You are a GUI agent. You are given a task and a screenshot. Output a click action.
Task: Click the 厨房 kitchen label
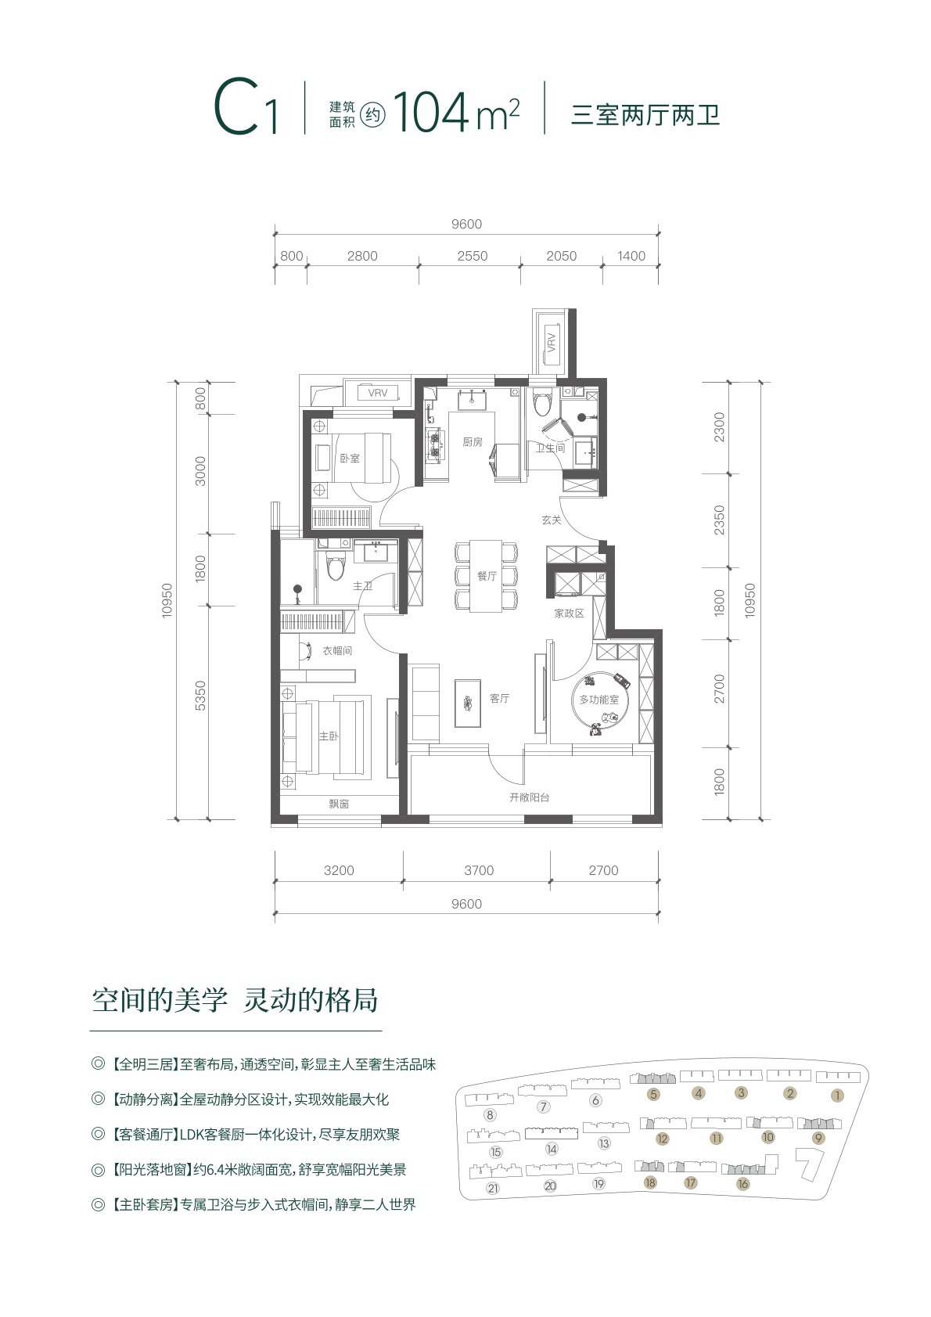tap(472, 442)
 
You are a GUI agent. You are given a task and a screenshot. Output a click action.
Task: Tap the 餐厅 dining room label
tap(487, 576)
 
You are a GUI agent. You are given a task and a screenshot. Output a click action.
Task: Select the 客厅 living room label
tap(499, 699)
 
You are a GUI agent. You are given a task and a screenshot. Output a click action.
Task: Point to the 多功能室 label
tap(599, 700)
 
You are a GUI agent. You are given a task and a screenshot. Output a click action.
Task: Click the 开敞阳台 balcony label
tap(529, 798)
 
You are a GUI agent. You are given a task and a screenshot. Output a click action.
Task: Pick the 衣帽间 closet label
tap(337, 651)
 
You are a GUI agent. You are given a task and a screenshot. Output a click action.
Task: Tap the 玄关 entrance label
tap(552, 520)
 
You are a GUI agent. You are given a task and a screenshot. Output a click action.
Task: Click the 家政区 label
tap(569, 614)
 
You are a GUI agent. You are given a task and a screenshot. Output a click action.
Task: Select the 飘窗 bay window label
tap(339, 804)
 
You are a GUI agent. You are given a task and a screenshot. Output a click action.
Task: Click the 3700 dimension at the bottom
tap(479, 870)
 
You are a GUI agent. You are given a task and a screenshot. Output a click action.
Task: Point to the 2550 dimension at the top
tap(473, 256)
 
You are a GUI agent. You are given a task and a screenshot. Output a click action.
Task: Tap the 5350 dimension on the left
tap(200, 696)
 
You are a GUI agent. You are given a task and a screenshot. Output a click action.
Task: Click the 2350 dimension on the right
tap(720, 520)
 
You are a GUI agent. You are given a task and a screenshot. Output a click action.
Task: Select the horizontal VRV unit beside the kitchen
tap(378, 393)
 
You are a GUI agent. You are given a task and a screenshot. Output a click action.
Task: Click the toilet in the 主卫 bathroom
tap(336, 567)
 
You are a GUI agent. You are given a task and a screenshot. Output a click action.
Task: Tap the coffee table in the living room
tap(468, 703)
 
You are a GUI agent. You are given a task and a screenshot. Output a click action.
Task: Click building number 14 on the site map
tap(552, 1149)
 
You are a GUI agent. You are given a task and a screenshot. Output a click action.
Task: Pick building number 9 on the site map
tap(818, 1138)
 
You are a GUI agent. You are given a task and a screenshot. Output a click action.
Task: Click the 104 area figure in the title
tap(432, 112)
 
